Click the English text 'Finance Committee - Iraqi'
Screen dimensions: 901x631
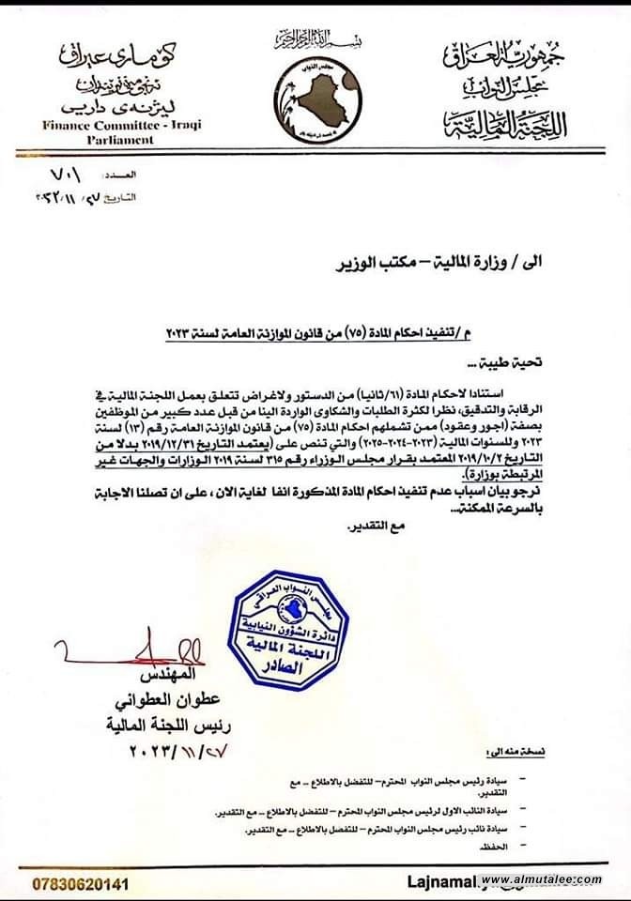point(121,125)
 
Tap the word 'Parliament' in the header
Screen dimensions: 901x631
point(121,139)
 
